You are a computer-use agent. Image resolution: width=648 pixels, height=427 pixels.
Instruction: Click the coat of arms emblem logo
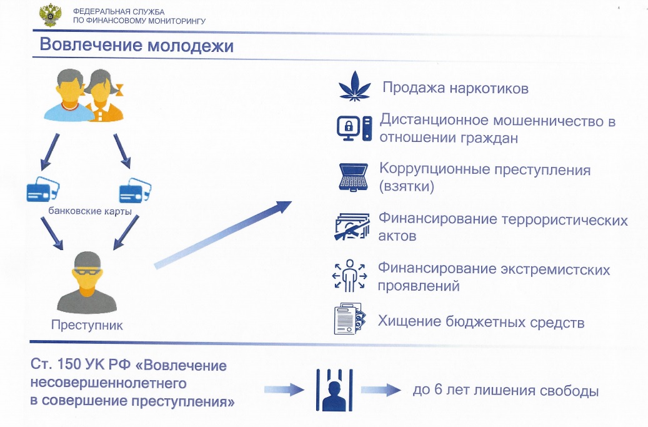click(x=50, y=16)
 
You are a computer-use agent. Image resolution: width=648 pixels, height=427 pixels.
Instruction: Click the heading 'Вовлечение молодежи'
click(x=136, y=44)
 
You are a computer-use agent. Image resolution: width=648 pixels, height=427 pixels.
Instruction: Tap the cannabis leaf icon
click(x=354, y=86)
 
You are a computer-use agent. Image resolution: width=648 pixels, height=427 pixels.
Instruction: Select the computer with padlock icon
click(x=354, y=129)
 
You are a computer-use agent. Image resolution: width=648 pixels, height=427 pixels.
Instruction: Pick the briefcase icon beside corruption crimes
click(x=353, y=178)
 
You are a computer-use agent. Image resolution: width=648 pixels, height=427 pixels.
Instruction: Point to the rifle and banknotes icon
click(x=352, y=226)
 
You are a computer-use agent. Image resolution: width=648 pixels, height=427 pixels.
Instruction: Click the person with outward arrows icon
click(x=350, y=276)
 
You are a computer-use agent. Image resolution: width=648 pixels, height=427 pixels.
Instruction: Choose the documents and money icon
click(x=350, y=319)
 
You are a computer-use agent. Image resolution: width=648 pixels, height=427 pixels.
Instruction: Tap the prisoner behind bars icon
click(x=334, y=389)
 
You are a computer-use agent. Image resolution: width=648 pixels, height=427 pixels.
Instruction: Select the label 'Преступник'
click(x=87, y=325)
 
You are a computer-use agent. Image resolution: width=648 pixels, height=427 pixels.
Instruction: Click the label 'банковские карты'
click(x=90, y=211)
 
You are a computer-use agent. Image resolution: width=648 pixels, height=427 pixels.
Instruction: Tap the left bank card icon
click(x=42, y=189)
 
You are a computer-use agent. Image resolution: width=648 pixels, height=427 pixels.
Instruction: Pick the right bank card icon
click(x=135, y=191)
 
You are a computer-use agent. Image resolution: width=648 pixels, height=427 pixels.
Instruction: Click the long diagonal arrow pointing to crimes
click(x=223, y=235)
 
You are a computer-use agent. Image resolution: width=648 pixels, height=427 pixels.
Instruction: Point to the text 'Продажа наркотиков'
click(x=456, y=88)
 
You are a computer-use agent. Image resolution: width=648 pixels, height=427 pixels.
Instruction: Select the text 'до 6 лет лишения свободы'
click(x=506, y=390)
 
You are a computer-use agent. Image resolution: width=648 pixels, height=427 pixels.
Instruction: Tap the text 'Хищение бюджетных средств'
click(x=481, y=321)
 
